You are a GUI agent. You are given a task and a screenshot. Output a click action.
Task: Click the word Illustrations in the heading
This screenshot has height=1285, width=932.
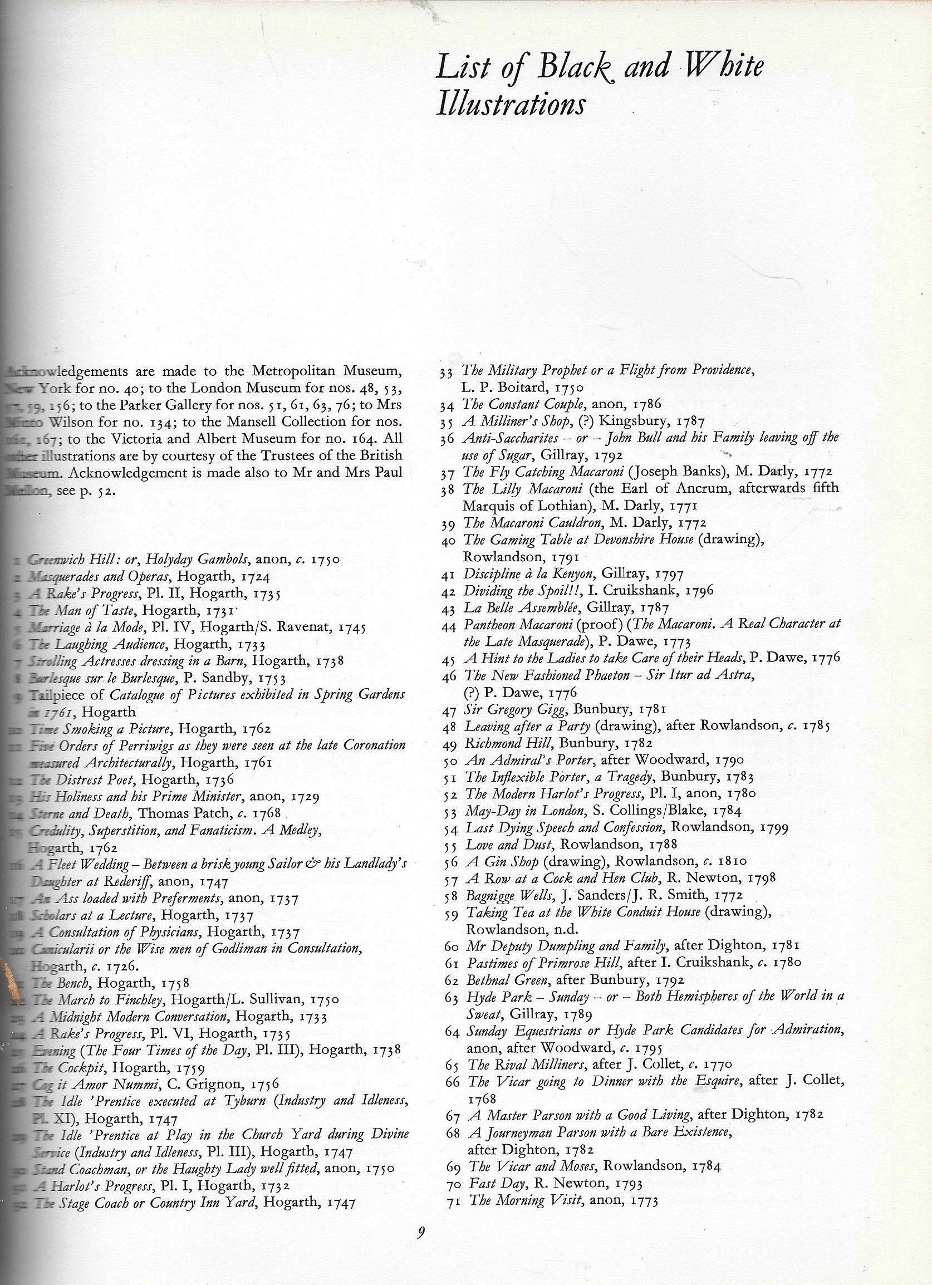510,105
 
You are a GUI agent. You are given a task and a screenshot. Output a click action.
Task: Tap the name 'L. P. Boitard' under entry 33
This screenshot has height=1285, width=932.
501,389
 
